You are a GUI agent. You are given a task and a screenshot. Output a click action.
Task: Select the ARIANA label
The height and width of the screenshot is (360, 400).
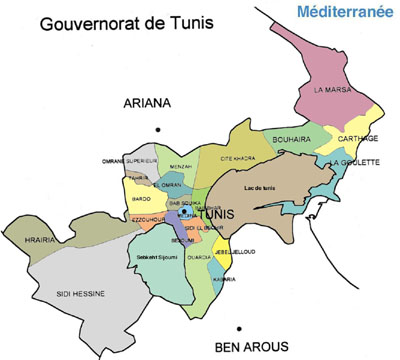coord(147,103)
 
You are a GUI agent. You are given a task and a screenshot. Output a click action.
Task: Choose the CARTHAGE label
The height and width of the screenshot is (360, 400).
coord(357,138)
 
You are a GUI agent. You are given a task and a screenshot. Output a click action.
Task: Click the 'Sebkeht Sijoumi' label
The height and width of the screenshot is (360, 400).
coord(157,257)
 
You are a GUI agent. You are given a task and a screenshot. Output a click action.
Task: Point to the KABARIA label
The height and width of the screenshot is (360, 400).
coord(224,279)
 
